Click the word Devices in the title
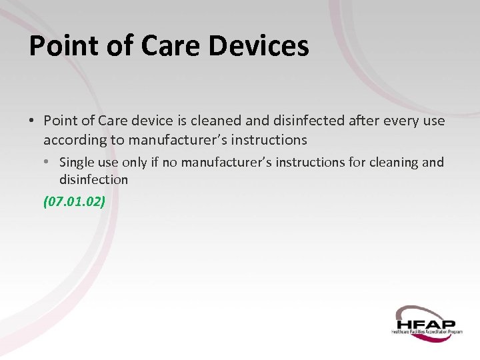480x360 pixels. coord(259,46)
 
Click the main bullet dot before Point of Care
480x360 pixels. coord(31,121)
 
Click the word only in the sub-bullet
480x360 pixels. coord(134,163)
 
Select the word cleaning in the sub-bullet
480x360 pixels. coord(389,163)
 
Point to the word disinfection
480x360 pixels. coord(93,180)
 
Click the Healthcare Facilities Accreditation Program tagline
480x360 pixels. coord(427,331)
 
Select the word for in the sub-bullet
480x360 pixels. coord(352,163)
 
